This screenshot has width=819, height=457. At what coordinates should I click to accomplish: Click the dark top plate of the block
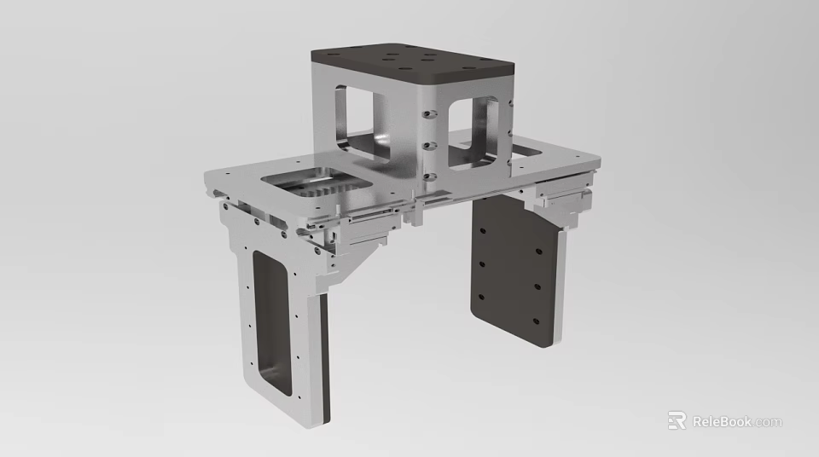409,61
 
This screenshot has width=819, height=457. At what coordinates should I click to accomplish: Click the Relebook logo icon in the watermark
677,420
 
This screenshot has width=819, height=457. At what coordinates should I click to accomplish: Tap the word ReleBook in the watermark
722,421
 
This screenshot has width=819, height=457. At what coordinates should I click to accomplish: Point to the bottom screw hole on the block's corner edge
429,176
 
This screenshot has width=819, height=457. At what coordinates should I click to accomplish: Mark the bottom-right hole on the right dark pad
535,321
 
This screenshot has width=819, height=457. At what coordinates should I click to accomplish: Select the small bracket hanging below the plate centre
415,212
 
